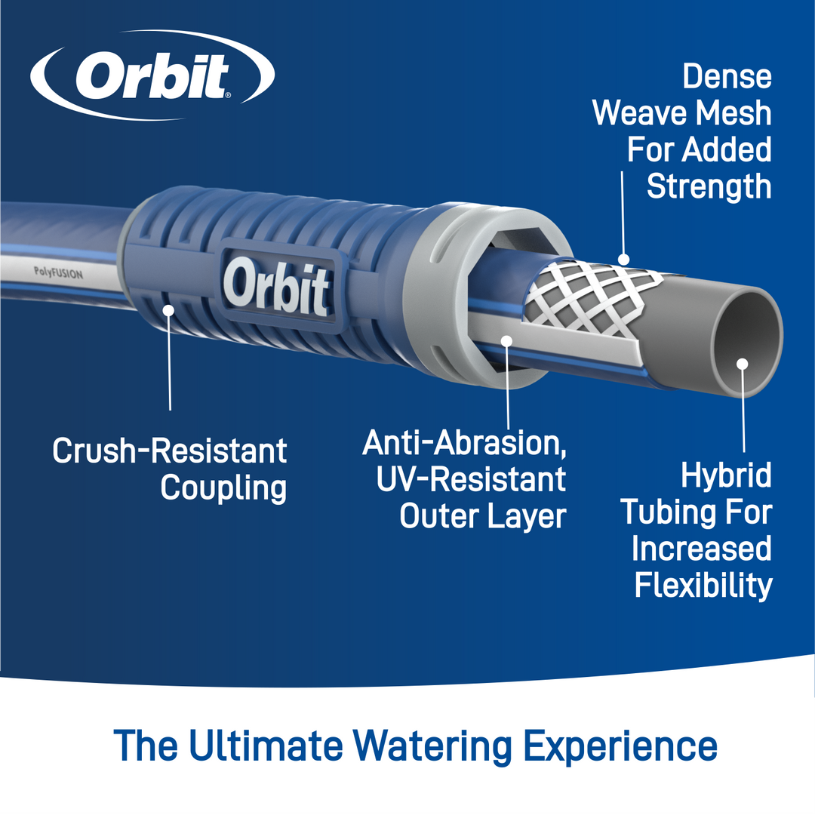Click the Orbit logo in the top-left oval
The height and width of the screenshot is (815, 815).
click(152, 76)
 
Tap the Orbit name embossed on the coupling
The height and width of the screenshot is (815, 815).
click(276, 288)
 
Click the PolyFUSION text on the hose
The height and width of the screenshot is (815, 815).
click(58, 273)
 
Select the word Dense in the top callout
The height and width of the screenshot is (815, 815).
click(727, 76)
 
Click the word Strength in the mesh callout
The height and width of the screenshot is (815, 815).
click(709, 187)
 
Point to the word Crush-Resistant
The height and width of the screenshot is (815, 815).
click(170, 450)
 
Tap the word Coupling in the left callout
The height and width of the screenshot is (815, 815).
click(223, 488)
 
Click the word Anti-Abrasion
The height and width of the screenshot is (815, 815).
click(464, 444)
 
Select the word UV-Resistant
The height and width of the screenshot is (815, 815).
click(471, 479)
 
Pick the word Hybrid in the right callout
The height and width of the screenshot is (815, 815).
click(726, 476)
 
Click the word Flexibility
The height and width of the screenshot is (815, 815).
click(703, 586)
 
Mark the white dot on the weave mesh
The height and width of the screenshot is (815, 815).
click(624, 260)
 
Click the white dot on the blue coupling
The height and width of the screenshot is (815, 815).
click(168, 310)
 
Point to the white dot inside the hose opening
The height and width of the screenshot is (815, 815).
click(743, 364)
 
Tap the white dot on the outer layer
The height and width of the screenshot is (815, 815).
click(506, 340)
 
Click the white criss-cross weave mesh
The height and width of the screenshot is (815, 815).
click(592, 300)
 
